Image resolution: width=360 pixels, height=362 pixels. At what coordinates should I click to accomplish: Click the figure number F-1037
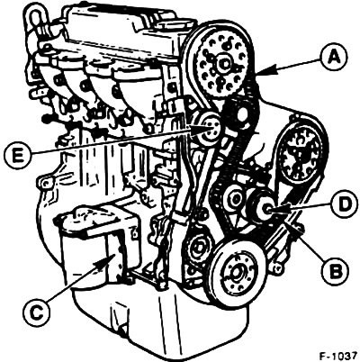click(x=338, y=357)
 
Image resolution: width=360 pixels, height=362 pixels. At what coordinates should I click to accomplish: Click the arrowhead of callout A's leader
click(x=261, y=72)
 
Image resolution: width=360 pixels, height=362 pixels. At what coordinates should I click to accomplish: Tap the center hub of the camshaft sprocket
click(x=223, y=64)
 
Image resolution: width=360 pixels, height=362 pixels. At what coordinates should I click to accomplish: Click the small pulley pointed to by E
click(x=208, y=130)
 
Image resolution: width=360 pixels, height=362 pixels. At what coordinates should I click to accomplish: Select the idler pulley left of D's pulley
click(x=235, y=198)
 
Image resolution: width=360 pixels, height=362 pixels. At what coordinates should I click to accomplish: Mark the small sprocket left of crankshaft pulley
click(x=197, y=249)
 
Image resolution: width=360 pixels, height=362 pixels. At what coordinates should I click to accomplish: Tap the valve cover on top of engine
click(x=120, y=30)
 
